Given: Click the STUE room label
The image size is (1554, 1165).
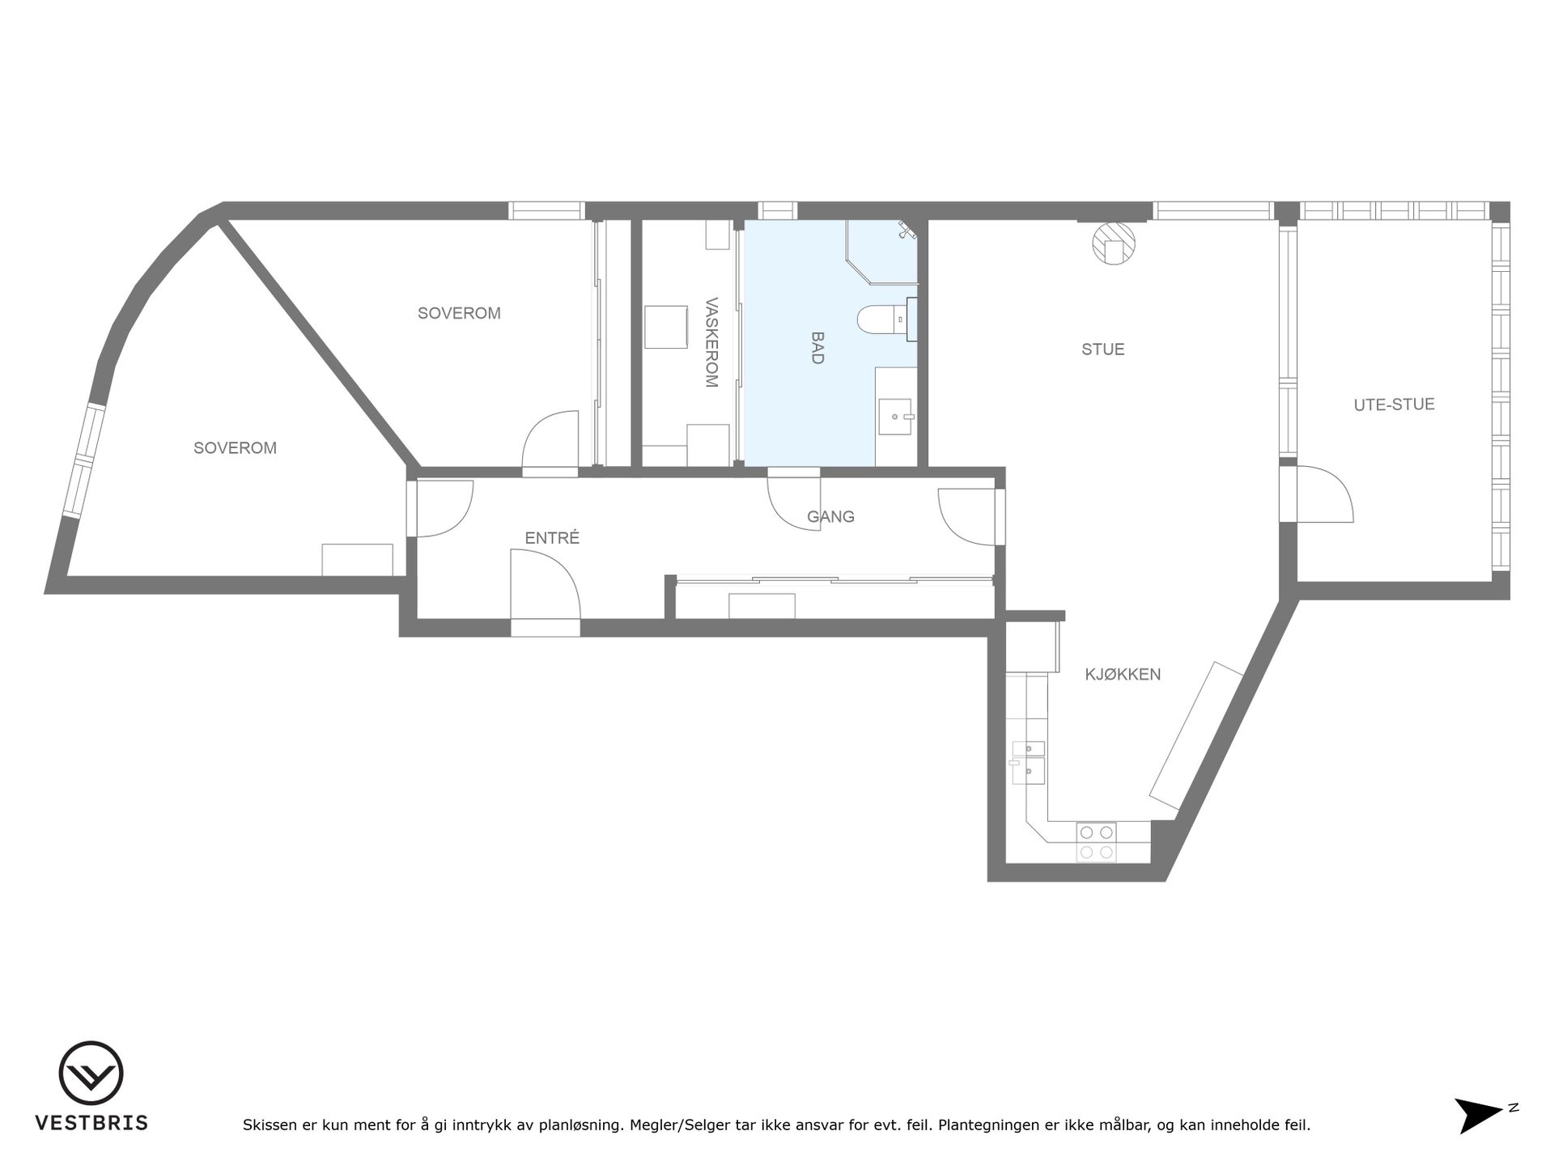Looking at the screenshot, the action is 1103,349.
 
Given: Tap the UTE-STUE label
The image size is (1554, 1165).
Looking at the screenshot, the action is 1394,405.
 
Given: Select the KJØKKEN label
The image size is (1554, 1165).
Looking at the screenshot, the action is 1123,674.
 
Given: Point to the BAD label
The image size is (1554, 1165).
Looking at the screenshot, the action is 817,348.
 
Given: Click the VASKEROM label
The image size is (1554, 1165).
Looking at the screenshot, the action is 711,343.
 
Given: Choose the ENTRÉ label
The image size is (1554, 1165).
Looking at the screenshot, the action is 553,538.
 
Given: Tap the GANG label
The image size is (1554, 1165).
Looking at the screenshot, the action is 830,516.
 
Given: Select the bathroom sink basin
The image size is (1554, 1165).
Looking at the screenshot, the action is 896,417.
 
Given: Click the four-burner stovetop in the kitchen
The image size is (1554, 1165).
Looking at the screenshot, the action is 1096,842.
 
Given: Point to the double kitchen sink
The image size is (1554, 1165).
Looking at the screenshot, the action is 1028,763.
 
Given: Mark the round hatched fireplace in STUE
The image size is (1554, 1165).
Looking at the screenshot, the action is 1114,243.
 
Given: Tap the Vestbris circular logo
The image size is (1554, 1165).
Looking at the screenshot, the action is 91,1073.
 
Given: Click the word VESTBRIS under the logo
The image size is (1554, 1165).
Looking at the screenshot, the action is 91,1123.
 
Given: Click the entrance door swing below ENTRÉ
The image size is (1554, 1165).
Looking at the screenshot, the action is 546,584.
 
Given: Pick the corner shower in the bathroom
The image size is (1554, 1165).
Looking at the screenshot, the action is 881,252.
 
